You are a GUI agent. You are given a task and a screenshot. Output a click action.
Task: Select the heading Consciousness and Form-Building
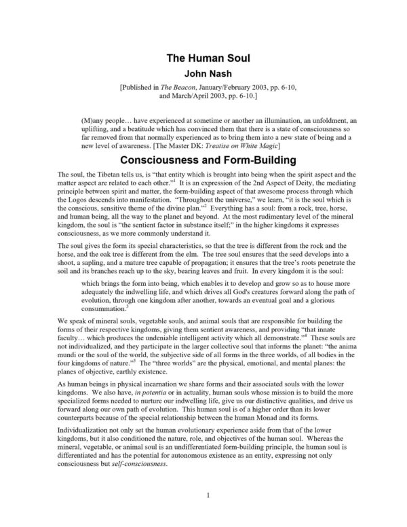click(203, 162)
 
